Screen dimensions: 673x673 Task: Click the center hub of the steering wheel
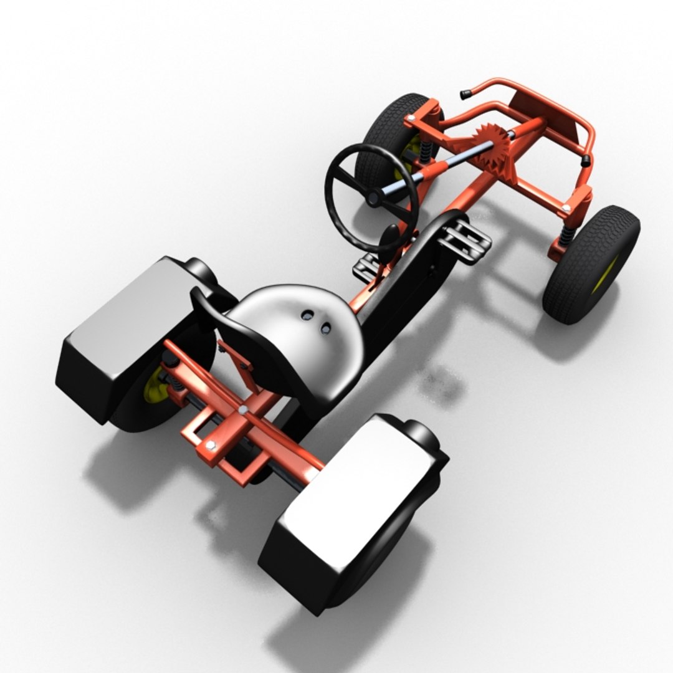click(x=373, y=198)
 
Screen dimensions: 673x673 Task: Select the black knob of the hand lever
click(x=390, y=237)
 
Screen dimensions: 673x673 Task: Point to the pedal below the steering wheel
click(x=368, y=268)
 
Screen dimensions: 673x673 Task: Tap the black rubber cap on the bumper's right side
click(x=585, y=161)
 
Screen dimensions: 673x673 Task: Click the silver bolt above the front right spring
click(x=565, y=208)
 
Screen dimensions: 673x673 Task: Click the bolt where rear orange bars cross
click(x=242, y=409)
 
